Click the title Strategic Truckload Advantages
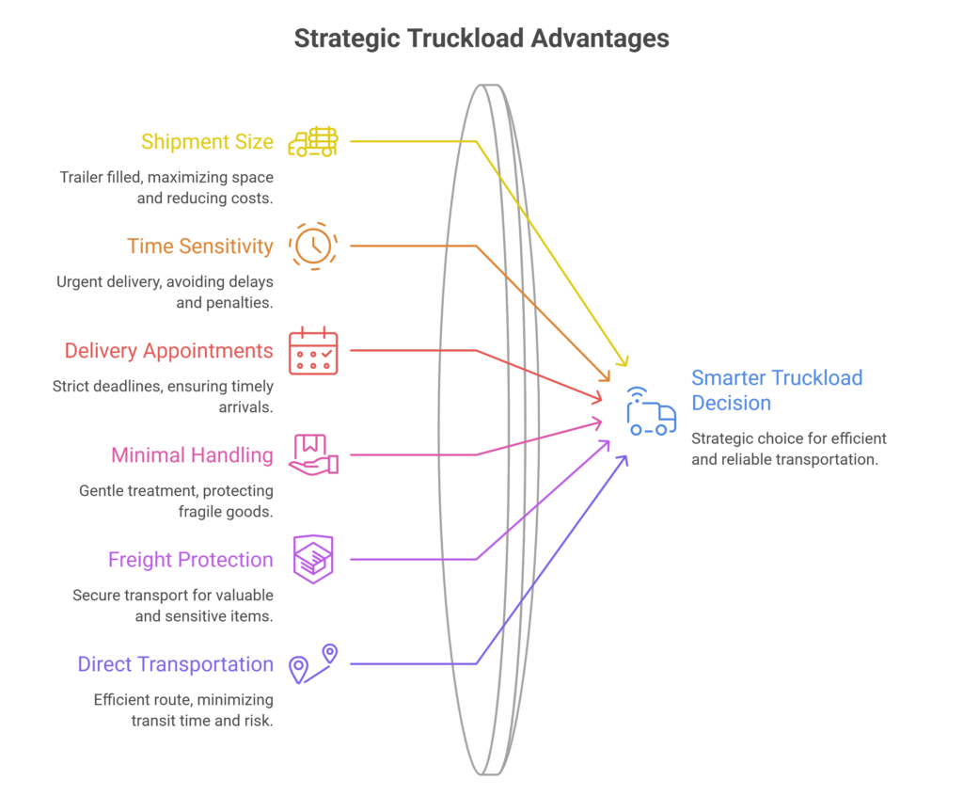click(x=481, y=39)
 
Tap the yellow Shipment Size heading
click(x=207, y=141)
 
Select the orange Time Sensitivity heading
click(x=200, y=246)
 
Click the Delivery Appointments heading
click(x=169, y=350)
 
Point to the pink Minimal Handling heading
click(x=192, y=454)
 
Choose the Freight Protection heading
click(x=190, y=559)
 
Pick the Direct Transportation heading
click(x=176, y=664)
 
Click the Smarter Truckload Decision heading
click(x=777, y=390)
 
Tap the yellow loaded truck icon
click(x=313, y=141)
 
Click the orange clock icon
click(x=313, y=246)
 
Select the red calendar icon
click(x=313, y=350)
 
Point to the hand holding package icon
click(x=313, y=454)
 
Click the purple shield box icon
click(x=313, y=559)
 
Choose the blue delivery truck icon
click(x=651, y=412)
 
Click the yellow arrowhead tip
click(x=625, y=366)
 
